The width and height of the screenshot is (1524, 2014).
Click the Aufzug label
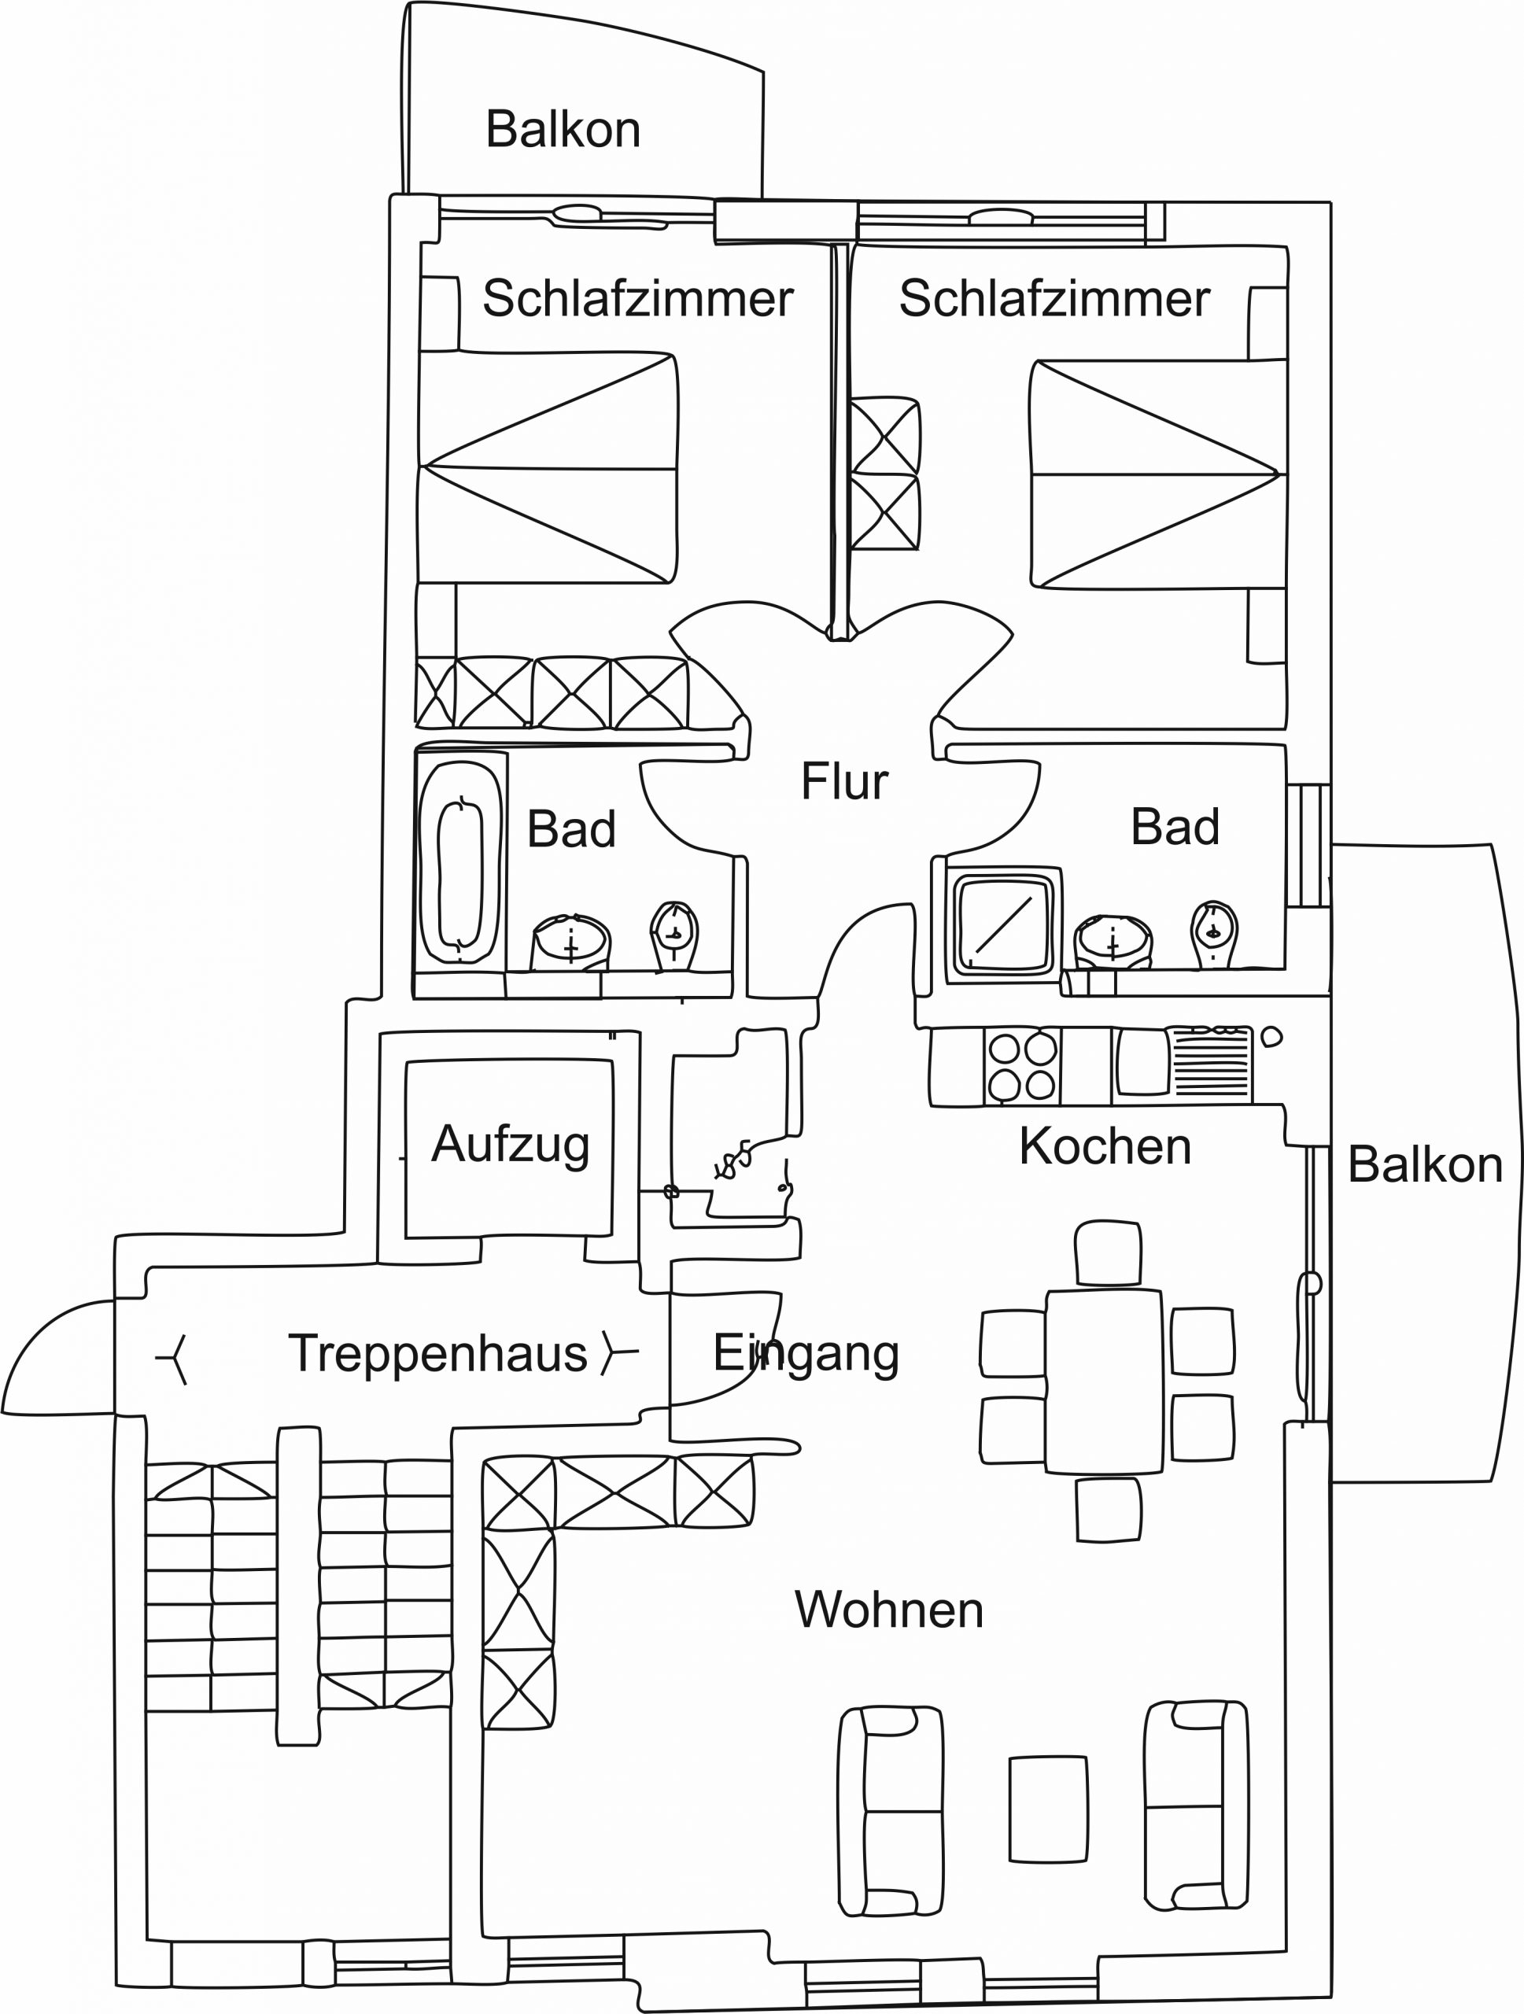[x=510, y=1145]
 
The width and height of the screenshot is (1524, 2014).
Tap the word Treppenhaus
[x=438, y=1353]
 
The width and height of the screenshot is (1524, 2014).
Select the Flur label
[x=844, y=781]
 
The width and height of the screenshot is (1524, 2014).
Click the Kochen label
[x=1105, y=1145]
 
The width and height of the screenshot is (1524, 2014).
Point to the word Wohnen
[x=888, y=1610]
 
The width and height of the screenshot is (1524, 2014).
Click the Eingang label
[x=806, y=1353]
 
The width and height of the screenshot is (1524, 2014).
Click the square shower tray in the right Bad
[x=1002, y=925]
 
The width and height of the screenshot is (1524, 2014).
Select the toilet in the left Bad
[x=674, y=934]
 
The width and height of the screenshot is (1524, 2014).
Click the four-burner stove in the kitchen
[x=1021, y=1066]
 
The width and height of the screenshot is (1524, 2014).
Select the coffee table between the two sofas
[x=1048, y=1809]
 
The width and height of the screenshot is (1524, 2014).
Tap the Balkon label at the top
[x=563, y=129]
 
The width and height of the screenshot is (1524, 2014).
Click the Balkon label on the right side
[x=1425, y=1164]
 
